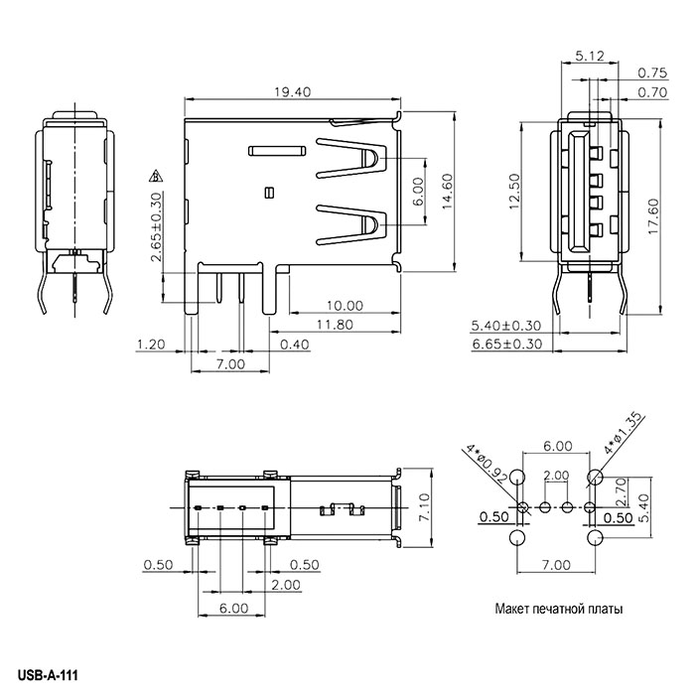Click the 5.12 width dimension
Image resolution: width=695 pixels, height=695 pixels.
589,57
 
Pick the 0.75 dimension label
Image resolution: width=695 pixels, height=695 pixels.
651,72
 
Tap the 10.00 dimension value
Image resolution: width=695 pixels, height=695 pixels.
343,306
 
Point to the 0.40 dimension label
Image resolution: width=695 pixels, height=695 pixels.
294,345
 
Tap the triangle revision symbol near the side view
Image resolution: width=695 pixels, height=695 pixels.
155,177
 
